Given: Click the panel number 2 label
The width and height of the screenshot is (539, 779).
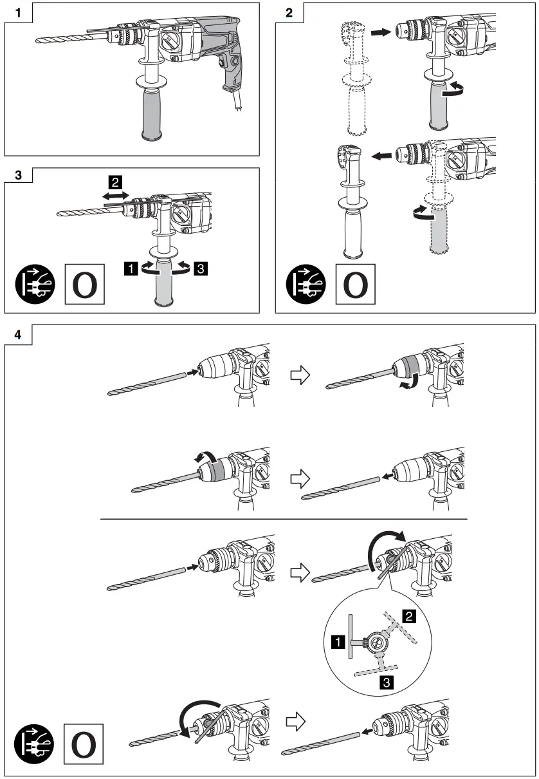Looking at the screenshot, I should point(289,12).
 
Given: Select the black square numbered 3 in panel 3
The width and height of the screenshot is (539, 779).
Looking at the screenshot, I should point(201,269).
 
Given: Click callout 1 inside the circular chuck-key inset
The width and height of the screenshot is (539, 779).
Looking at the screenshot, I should point(337,641).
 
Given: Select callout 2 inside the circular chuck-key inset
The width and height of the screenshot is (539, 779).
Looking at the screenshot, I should point(407,615).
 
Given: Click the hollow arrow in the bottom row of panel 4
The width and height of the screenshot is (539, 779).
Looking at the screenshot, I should point(295,719).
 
